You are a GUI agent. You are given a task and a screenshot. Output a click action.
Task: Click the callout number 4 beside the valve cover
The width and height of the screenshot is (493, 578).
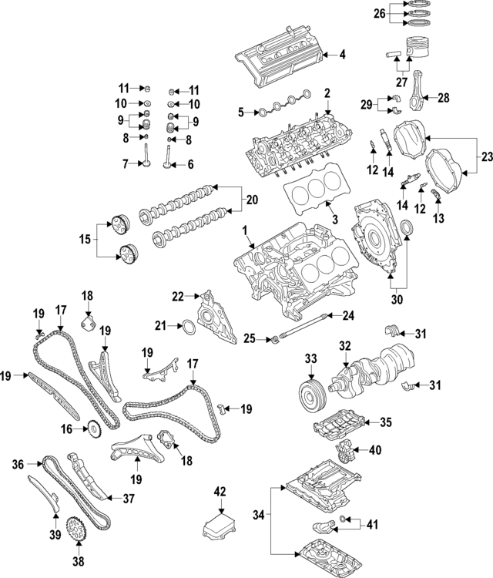coord(342,55)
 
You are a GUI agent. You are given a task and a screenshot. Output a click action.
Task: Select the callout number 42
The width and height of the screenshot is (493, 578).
coord(221,492)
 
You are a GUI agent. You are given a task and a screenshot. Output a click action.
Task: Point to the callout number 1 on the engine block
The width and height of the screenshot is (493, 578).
coord(245,230)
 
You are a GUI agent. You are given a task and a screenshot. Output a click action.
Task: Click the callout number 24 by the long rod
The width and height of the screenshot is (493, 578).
coord(348,314)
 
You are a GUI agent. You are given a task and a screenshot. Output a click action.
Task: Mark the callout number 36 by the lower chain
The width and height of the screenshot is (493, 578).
coord(18,464)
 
